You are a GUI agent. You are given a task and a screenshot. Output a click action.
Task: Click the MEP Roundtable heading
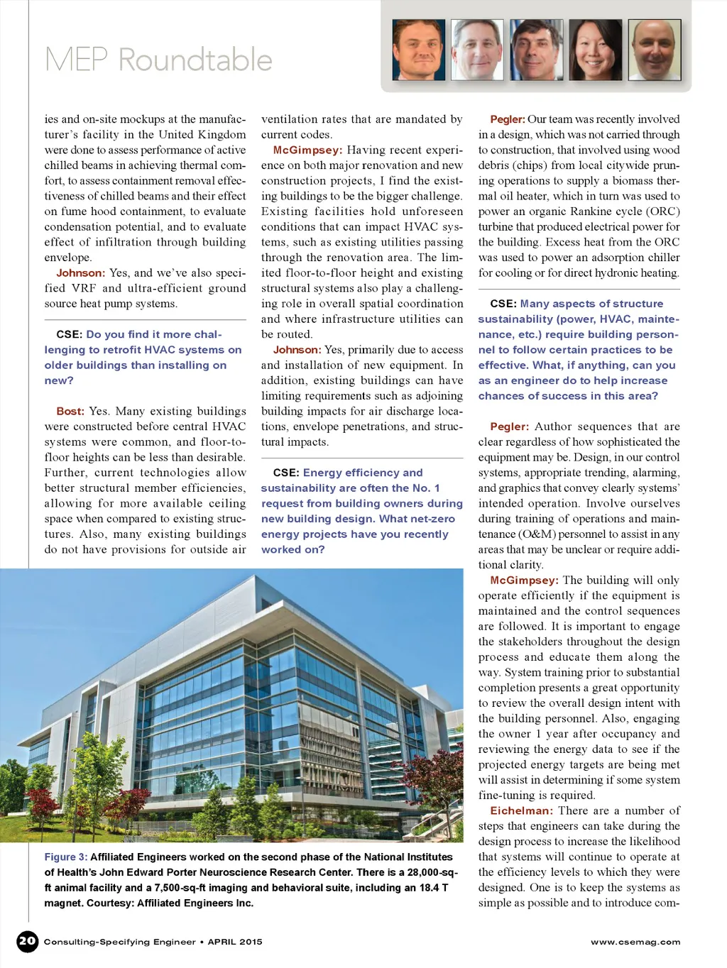click(158, 60)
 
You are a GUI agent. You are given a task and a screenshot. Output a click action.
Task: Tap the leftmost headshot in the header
click(419, 50)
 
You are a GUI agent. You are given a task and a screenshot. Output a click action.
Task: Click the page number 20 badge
click(27, 941)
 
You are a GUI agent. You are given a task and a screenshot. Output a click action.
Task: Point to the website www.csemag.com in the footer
click(635, 942)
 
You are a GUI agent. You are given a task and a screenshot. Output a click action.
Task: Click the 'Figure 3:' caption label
click(66, 857)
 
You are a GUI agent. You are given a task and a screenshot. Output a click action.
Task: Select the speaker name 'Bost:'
click(70, 411)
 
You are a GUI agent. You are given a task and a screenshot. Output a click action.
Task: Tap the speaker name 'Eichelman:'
click(520, 810)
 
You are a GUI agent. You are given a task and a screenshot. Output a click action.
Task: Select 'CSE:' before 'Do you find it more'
click(70, 334)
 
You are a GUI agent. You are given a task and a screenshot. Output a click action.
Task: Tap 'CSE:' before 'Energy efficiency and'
click(286, 473)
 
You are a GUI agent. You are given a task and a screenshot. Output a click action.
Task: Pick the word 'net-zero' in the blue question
click(432, 519)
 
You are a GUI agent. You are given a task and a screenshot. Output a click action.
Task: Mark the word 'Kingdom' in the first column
click(222, 135)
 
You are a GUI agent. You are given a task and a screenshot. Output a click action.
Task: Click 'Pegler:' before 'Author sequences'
click(509, 427)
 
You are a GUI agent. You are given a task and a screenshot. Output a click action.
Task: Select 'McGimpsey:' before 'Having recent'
click(307, 150)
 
